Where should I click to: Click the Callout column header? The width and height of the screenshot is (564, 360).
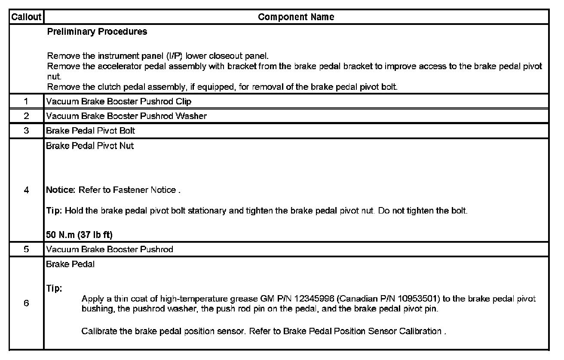26,17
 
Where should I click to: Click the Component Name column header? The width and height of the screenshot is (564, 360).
296,17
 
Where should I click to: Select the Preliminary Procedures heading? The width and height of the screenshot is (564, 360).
97,32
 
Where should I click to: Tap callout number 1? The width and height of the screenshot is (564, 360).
26,102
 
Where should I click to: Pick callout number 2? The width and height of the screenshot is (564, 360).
26,116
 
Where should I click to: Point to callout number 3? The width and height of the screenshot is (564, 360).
26,131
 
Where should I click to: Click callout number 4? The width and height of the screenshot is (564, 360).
26,190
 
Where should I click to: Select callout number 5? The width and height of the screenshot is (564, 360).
26,249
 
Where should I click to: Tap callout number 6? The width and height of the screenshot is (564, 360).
26,303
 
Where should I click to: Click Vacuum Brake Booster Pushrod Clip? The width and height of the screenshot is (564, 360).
119,102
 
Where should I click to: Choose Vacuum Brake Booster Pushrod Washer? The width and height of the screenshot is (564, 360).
126,116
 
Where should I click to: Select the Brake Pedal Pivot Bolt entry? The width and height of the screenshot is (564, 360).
91,131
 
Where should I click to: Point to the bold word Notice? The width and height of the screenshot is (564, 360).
61,190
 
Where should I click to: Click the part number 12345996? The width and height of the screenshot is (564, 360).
316,299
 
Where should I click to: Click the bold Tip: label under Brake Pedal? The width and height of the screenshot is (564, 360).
54,289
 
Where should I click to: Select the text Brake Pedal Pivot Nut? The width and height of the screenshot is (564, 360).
90,146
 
